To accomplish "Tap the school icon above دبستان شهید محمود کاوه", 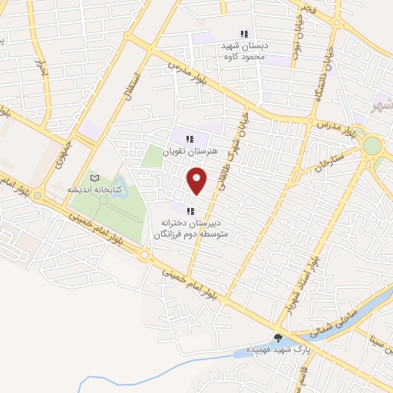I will [x=244, y=34].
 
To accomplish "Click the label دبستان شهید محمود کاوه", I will [x=243, y=51].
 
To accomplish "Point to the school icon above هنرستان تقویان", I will [x=190, y=138].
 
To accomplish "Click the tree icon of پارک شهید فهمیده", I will [x=278, y=337].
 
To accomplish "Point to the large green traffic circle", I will [x=373, y=145].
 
